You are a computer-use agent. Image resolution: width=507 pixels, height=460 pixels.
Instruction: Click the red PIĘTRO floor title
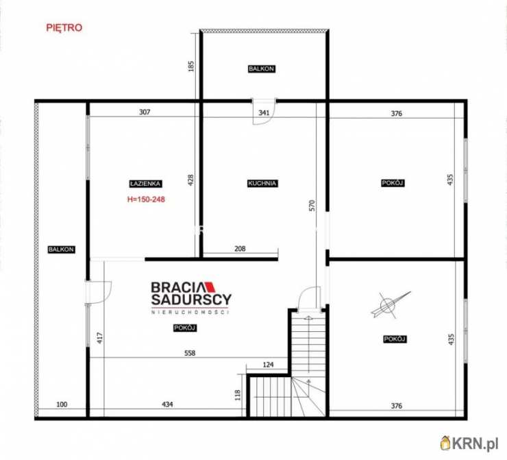click(x=64, y=28)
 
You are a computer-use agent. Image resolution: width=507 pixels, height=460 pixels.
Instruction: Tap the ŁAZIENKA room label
click(x=145, y=184)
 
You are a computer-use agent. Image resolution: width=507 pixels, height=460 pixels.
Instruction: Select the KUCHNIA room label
click(x=262, y=184)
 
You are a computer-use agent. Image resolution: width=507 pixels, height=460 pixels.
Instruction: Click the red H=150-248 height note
click(x=146, y=199)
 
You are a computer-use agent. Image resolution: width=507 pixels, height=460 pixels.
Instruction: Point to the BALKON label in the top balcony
click(x=262, y=69)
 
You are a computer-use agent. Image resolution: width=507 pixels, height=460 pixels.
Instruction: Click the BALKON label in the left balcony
click(x=61, y=250)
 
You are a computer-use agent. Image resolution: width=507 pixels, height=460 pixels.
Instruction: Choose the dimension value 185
click(x=191, y=66)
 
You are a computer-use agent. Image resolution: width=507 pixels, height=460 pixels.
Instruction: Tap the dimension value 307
click(x=145, y=112)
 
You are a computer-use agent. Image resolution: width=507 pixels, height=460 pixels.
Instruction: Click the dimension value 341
click(x=264, y=113)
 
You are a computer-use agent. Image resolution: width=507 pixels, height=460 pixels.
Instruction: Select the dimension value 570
click(x=312, y=206)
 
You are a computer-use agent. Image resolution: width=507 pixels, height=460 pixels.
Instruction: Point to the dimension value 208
click(x=240, y=248)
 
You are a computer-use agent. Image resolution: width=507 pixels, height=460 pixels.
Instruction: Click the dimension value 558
click(x=190, y=353)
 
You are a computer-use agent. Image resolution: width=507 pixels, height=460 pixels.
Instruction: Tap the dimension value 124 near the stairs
click(x=268, y=365)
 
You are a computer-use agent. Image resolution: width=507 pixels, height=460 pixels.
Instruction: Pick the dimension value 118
click(x=238, y=396)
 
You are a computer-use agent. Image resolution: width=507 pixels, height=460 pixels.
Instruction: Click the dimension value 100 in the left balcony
click(x=62, y=404)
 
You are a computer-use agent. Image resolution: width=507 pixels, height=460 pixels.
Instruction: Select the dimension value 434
click(x=167, y=404)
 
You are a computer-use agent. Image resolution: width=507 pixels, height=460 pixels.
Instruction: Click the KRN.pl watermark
click(x=469, y=443)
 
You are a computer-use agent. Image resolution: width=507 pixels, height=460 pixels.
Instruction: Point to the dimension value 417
click(x=99, y=338)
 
